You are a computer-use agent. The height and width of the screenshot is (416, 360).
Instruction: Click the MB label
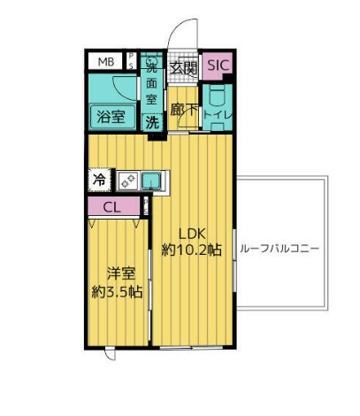click(x=106, y=61)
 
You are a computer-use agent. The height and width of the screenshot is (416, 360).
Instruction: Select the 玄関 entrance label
click(x=183, y=65)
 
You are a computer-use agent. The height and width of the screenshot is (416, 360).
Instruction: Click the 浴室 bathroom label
click(x=110, y=115)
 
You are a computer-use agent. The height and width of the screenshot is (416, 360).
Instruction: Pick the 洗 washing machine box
click(x=152, y=122)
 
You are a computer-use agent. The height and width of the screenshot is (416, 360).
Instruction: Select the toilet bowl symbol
click(x=217, y=95)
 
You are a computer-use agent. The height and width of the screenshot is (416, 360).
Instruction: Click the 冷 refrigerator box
click(x=98, y=180)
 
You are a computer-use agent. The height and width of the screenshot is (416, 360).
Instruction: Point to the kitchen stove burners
click(x=126, y=181)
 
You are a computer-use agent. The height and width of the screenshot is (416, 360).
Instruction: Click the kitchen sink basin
click(x=153, y=181)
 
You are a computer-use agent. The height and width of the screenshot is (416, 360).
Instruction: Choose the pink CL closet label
click(x=111, y=208)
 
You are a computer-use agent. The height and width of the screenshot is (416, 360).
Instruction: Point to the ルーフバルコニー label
click(x=280, y=249)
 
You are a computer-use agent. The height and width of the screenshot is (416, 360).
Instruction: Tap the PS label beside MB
click(x=132, y=61)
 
